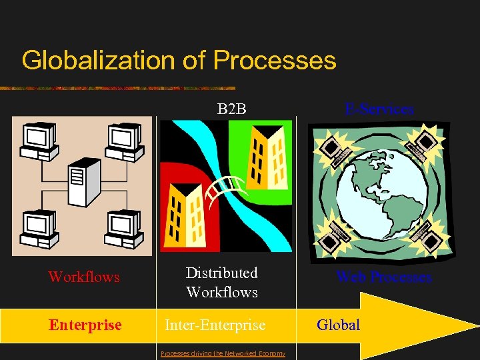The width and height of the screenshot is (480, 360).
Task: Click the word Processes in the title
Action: pyautogui.click(x=275, y=60)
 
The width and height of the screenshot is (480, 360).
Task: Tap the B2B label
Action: pyautogui.click(x=232, y=108)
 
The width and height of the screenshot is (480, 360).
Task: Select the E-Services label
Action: pyautogui.click(x=379, y=109)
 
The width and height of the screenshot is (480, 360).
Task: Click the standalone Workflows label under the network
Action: pyautogui.click(x=84, y=276)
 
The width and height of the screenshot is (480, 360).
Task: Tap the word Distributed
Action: pyautogui.click(x=221, y=273)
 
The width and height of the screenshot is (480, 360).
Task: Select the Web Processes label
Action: pyautogui.click(x=384, y=277)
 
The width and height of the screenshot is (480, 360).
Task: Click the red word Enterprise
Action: pyautogui.click(x=85, y=325)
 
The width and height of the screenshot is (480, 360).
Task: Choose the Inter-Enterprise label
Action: pyautogui.click(x=215, y=325)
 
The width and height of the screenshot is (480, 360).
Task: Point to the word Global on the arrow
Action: pyautogui.click(x=338, y=325)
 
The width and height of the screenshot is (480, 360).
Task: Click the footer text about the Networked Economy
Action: pyautogui.click(x=223, y=353)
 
